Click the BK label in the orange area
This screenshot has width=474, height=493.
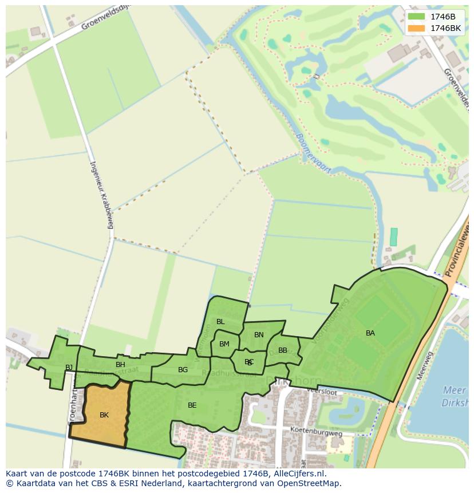click(104, 415)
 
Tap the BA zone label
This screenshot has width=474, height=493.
click(370, 333)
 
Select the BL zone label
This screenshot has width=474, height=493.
click(220, 322)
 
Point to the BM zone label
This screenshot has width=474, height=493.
click(224, 344)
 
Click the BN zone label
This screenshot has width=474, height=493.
click(259, 335)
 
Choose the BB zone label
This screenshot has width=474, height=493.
click(283, 350)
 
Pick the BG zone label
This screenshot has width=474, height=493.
click(183, 370)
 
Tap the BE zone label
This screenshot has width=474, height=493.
click(192, 405)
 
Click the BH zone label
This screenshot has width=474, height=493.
click(120, 365)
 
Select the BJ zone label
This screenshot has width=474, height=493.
click(69, 368)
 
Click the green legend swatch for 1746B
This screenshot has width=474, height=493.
click(416, 17)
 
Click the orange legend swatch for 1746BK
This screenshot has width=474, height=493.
click(416, 28)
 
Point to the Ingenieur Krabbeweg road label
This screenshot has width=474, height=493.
click(101, 194)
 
